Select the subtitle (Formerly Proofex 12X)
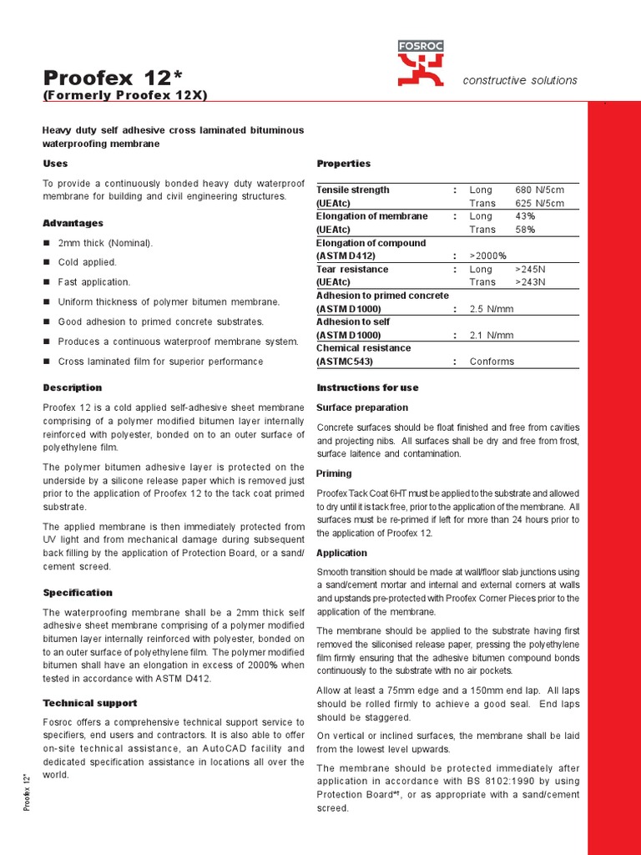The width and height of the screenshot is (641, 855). click(x=125, y=96)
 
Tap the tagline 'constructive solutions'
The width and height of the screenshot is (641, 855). click(x=520, y=80)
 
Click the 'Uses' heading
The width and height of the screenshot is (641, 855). click(x=55, y=164)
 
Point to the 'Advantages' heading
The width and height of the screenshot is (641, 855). click(x=73, y=224)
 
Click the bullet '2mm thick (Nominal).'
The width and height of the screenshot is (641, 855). click(x=105, y=243)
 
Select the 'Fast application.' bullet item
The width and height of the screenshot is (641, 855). click(x=93, y=282)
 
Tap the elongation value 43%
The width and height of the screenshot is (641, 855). click(x=525, y=216)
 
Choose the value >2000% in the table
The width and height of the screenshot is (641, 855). click(x=487, y=255)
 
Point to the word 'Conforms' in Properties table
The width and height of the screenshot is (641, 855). click(x=492, y=362)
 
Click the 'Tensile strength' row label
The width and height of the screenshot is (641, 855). click(x=352, y=190)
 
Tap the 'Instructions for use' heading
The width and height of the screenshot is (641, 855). click(x=367, y=388)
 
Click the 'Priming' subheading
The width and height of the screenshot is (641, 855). click(x=334, y=473)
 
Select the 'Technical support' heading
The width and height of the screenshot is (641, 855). click(x=89, y=703)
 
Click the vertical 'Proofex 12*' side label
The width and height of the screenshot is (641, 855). click(x=28, y=792)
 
